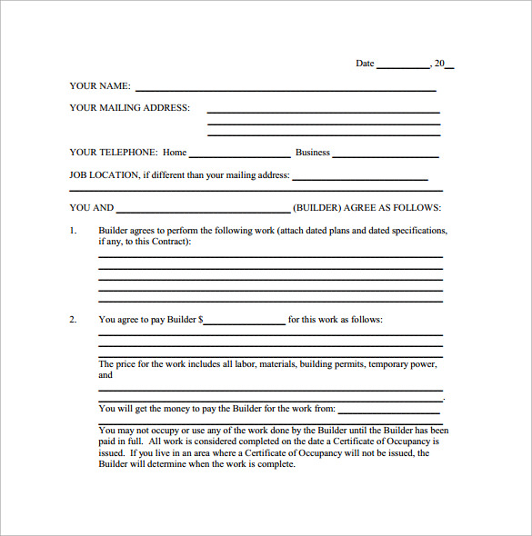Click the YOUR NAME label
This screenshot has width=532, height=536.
point(99,86)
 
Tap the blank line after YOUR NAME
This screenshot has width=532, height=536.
point(286,89)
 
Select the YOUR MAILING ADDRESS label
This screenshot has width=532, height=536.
point(129,107)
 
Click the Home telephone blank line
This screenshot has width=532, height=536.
point(239,155)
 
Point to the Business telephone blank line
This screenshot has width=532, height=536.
point(386,155)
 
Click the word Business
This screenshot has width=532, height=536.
point(313,153)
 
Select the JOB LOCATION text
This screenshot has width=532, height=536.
point(104,174)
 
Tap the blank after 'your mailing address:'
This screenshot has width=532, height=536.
point(360,178)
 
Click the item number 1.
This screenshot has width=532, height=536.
point(73,231)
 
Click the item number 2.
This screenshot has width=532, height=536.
point(73,319)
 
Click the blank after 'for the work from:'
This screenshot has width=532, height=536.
point(390,412)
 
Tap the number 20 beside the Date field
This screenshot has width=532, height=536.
point(439,64)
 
